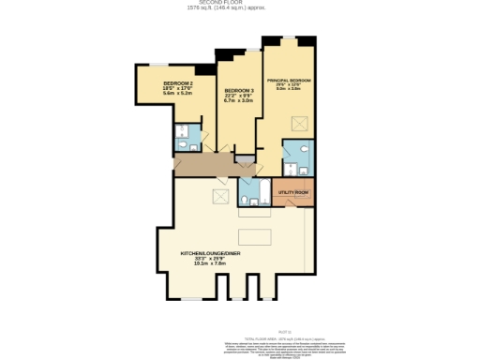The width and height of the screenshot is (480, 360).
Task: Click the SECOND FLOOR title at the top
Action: point(239,4)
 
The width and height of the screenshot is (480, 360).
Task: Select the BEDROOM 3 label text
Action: point(239,91)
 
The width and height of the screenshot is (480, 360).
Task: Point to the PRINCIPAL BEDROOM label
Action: point(289,80)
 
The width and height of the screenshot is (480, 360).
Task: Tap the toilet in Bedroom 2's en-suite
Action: point(182,146)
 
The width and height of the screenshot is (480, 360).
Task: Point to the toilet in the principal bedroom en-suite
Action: point(304,169)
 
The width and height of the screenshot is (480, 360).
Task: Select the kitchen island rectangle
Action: point(259,235)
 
